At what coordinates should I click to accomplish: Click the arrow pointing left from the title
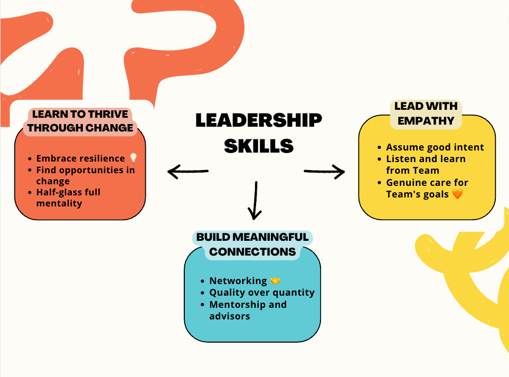(x=187, y=171)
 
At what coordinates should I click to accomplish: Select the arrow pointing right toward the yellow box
(x=324, y=171)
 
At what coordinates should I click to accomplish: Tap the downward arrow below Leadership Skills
(x=255, y=201)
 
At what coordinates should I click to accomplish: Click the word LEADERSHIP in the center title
(x=258, y=120)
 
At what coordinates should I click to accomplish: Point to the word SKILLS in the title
(x=258, y=145)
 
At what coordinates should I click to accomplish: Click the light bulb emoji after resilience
(x=133, y=158)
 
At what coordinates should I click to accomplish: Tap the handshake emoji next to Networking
(x=275, y=281)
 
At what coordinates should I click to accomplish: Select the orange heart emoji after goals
(x=457, y=194)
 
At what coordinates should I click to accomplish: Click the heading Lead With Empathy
(x=426, y=114)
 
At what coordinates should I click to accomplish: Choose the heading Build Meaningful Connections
(x=252, y=244)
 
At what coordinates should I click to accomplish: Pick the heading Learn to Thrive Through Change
(x=80, y=121)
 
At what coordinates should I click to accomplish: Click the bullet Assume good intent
(x=435, y=147)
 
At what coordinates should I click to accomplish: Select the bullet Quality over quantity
(x=262, y=293)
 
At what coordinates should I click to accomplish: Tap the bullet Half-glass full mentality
(x=68, y=197)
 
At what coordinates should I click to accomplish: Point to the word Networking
(x=238, y=281)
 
